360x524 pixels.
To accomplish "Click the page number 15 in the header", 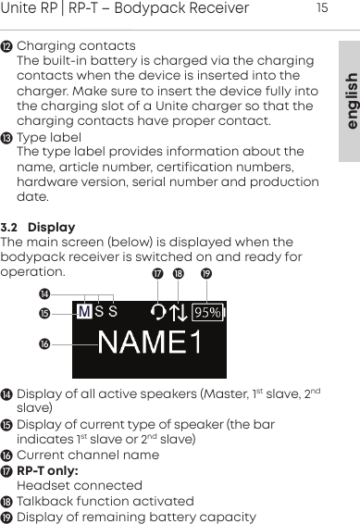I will tap(322, 9).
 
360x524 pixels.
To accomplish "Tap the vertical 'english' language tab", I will tap(348, 100).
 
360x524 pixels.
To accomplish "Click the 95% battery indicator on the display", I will tap(207, 313).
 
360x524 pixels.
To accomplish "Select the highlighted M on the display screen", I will tap(84, 312).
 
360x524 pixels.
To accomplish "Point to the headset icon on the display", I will tap(158, 313).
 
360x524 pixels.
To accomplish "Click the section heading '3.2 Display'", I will tap(39, 227).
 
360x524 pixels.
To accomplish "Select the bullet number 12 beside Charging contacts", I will tap(8, 46).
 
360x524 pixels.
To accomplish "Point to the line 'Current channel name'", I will tap(89, 455).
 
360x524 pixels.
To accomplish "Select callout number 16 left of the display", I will tap(43, 344).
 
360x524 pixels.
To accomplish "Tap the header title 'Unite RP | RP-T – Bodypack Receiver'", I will tap(125, 9).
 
